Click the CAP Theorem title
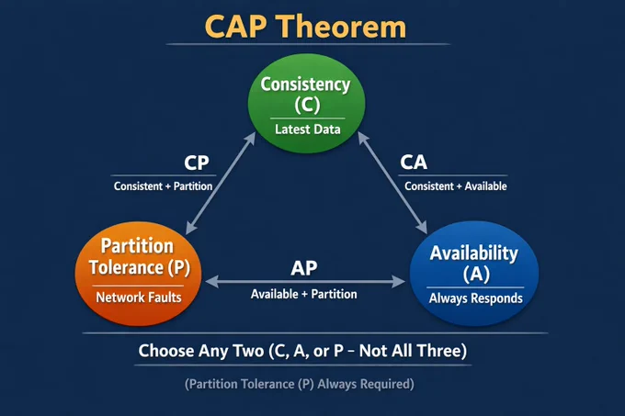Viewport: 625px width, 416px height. tap(305, 27)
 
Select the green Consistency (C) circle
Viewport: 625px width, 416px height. tap(306, 104)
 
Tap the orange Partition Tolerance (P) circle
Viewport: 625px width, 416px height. tap(138, 274)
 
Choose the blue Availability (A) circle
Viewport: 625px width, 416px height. tap(474, 274)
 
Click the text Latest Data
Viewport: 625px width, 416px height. tap(308, 129)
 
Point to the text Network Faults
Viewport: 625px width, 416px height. tap(139, 298)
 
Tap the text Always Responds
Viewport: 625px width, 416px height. tap(475, 298)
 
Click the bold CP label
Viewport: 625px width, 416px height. tap(197, 163)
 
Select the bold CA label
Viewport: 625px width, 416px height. tap(414, 162)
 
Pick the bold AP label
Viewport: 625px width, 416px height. tap(303, 268)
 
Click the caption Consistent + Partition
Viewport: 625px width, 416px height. tap(163, 186)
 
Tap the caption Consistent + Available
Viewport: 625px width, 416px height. tap(456, 186)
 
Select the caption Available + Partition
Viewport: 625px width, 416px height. tap(303, 294)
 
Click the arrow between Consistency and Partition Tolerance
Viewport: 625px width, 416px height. tap(221, 183)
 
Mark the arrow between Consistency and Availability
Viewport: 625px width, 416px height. tap(392, 183)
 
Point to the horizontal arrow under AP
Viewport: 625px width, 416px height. tap(305, 281)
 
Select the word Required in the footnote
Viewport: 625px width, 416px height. tap(386, 384)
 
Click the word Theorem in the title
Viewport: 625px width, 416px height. tap(342, 27)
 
